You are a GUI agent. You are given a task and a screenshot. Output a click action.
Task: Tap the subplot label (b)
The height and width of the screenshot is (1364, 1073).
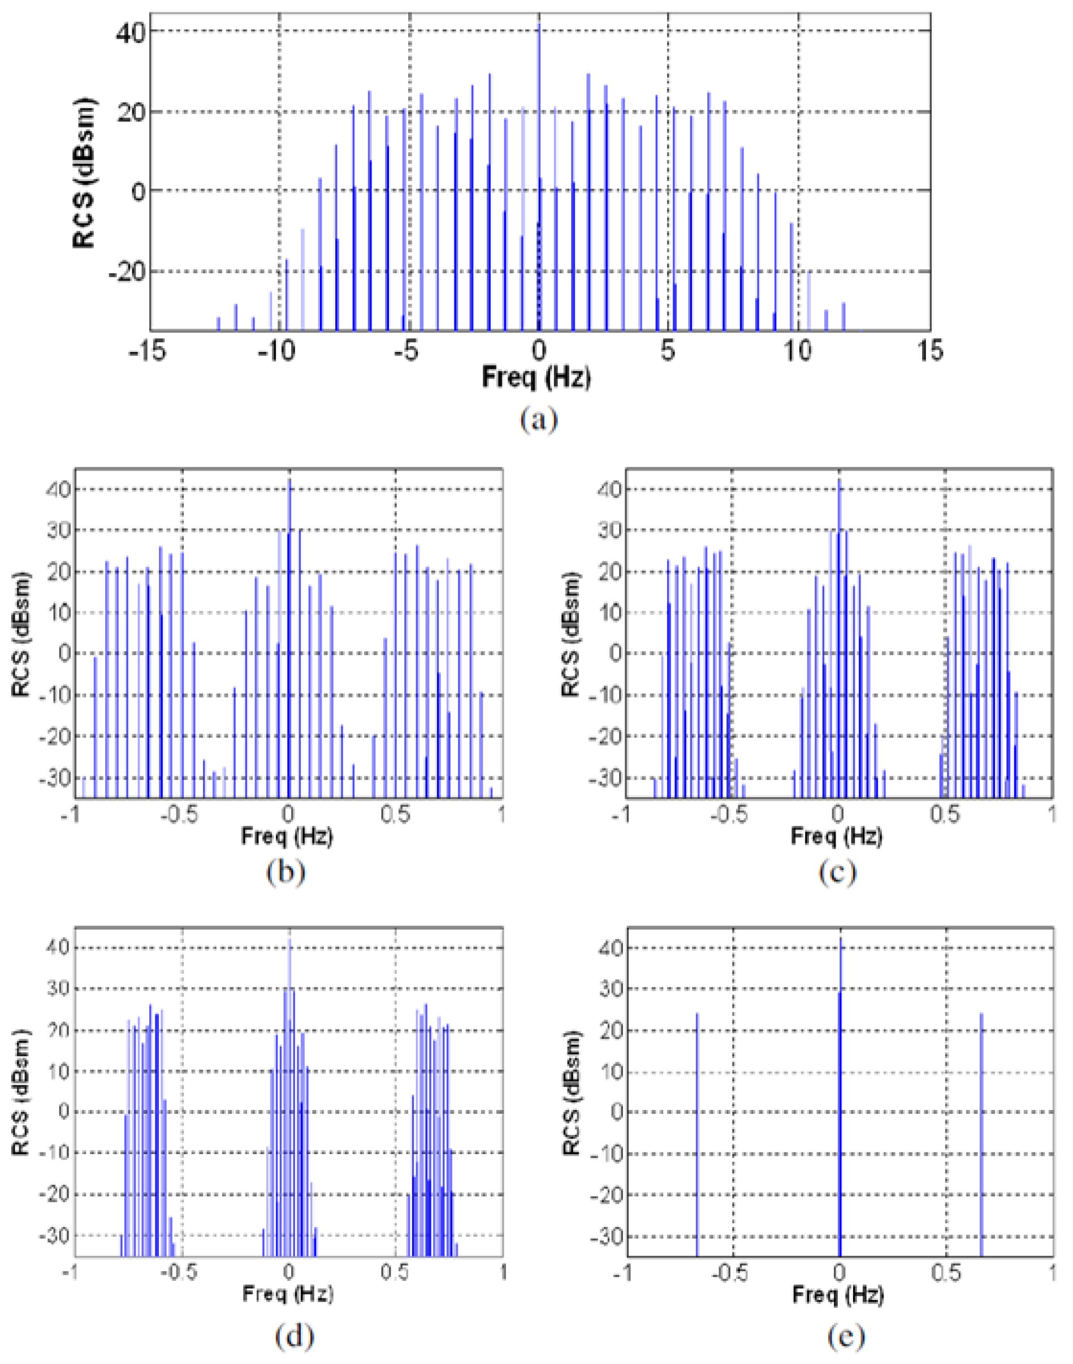(x=286, y=872)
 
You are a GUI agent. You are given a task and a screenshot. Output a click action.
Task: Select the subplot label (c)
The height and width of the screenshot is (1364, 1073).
(x=837, y=872)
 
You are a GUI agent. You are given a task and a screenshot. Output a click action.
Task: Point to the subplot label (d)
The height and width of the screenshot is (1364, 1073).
(x=294, y=1335)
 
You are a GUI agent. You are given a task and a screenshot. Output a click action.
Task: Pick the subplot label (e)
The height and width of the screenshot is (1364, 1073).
(x=846, y=1335)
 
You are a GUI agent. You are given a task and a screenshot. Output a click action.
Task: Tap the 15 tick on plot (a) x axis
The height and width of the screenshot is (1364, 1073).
(x=930, y=351)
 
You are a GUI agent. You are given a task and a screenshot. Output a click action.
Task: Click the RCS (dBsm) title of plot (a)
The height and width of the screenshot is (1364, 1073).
(x=84, y=173)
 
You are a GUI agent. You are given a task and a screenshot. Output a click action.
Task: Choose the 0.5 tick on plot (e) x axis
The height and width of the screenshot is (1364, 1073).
(x=946, y=1273)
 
